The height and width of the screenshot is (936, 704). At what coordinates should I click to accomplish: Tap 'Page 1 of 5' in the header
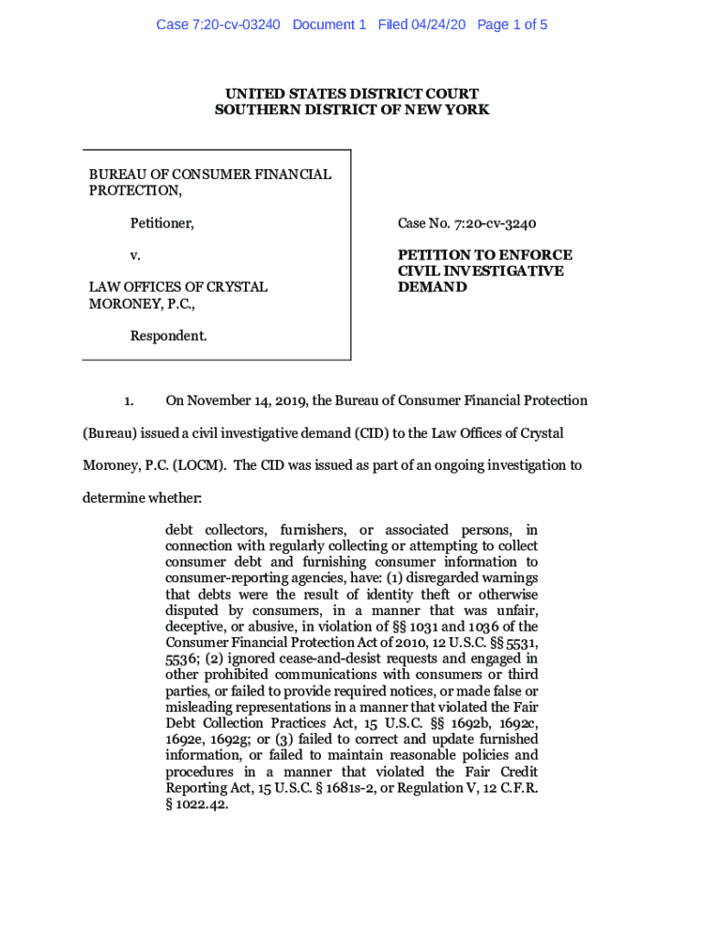(512, 25)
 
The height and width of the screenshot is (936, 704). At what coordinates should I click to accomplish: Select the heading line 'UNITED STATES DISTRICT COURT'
(352, 94)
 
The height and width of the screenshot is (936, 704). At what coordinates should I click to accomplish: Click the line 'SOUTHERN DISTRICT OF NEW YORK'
(352, 110)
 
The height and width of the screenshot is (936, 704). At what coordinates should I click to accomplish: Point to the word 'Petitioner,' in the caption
(162, 223)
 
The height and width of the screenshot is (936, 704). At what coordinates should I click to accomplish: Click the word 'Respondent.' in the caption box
(168, 335)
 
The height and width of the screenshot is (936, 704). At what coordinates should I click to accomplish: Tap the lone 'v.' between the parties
(135, 255)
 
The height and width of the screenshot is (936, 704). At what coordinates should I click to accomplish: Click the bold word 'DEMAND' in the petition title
(432, 287)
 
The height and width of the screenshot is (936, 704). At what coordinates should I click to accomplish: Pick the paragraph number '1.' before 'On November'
(129, 400)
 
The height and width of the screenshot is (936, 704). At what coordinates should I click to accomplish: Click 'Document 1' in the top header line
(329, 25)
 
